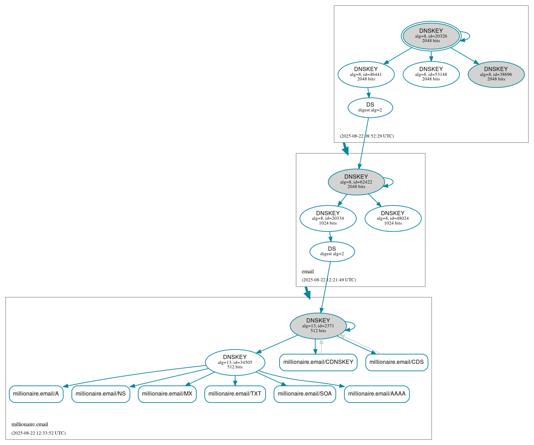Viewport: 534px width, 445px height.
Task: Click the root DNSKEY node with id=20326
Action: click(431, 36)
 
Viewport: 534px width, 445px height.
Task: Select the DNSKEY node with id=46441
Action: click(366, 74)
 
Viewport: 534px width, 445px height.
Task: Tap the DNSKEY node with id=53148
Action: click(431, 74)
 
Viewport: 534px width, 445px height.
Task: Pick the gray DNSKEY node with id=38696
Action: click(496, 74)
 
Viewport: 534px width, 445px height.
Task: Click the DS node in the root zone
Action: click(370, 108)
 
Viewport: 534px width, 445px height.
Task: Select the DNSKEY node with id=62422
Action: click(356, 182)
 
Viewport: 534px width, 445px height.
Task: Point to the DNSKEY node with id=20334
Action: click(328, 218)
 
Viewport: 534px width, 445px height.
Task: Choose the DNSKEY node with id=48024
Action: click(393, 218)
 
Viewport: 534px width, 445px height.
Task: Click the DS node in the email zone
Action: click(332, 251)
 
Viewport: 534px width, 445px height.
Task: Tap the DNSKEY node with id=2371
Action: click(318, 326)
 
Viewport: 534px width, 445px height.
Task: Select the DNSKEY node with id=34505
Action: click(235, 362)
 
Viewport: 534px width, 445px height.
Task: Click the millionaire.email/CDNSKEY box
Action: click(318, 362)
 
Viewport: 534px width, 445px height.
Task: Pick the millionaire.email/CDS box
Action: click(397, 362)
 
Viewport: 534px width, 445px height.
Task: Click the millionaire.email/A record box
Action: click(36, 394)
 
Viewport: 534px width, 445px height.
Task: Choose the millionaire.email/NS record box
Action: click(101, 394)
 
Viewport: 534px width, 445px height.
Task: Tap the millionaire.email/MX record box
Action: click(167, 394)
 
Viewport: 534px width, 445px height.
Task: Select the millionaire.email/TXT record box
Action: click(235, 394)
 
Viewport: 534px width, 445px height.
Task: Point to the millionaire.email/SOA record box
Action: click(305, 394)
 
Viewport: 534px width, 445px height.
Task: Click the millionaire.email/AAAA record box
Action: click(377, 394)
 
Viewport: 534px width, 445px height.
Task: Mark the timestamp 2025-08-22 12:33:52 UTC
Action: click(38, 433)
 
